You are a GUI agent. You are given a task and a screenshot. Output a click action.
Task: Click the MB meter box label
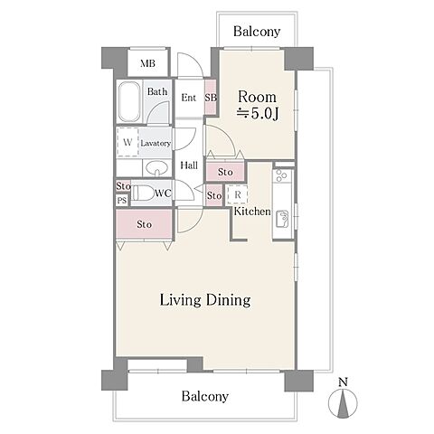147,63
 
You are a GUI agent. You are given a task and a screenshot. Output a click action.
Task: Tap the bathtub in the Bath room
129,101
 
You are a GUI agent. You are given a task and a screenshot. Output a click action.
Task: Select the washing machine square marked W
127,142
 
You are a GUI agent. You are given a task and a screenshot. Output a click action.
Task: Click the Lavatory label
156,144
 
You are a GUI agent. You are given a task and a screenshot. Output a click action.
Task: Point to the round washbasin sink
156,168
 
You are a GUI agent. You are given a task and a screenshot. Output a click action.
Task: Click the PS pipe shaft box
122,200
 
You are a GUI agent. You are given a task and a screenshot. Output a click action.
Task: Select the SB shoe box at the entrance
211,97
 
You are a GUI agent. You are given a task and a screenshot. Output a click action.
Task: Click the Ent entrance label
189,98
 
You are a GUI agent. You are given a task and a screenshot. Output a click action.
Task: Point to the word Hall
189,165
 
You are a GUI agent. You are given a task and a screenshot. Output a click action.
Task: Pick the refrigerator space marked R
238,194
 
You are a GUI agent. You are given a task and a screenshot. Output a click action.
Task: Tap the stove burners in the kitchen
282,175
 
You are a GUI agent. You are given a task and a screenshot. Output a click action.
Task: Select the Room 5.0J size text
257,105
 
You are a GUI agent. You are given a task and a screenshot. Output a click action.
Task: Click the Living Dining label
205,300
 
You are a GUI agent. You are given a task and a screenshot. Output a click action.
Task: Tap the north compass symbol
343,399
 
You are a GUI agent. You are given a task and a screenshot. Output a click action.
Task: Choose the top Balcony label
257,32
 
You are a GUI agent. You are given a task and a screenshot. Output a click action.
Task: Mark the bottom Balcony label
205,396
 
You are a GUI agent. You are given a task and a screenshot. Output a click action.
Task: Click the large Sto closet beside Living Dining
144,224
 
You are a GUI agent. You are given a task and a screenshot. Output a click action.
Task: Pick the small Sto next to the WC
123,186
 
